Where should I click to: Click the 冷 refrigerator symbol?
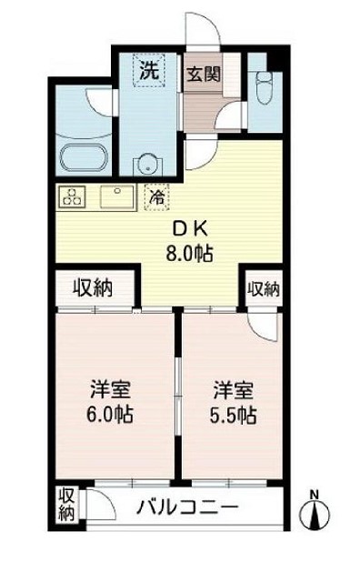[x=156, y=196]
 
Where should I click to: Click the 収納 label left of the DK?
[x=93, y=289]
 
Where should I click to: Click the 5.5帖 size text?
[x=234, y=416]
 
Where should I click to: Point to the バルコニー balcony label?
[x=188, y=507]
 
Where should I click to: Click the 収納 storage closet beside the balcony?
[x=67, y=507]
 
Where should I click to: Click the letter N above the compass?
[x=315, y=495]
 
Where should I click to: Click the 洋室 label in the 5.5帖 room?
[x=234, y=392]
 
